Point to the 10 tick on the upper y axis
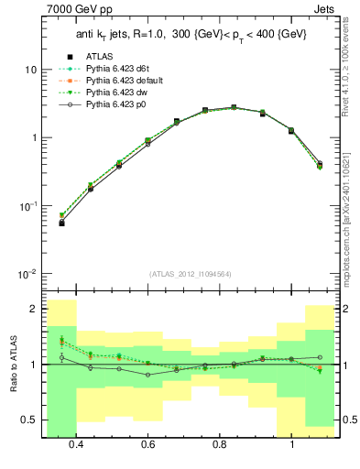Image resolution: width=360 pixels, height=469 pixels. click(30, 70)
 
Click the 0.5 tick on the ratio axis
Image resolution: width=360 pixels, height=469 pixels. click(30, 420)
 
